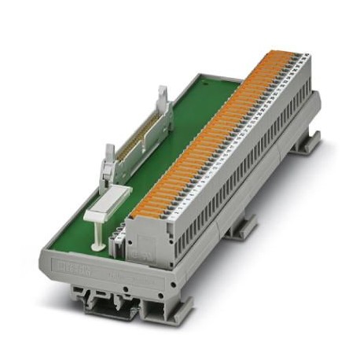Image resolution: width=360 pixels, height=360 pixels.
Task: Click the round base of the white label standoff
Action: (x=96, y=246)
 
